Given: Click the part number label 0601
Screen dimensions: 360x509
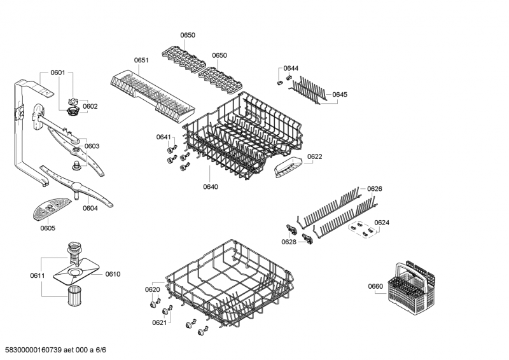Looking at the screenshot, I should (x=58, y=73).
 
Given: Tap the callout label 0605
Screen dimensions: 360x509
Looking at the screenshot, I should (x=48, y=228).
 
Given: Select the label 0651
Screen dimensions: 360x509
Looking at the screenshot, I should (x=141, y=60).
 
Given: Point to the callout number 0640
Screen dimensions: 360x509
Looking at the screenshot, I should (x=211, y=186).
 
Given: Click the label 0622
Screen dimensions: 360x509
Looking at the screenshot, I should (x=314, y=156).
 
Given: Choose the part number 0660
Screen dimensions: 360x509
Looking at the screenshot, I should (x=375, y=286).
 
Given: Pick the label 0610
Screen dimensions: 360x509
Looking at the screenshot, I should (x=113, y=274).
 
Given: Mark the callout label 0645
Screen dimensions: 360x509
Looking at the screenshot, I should (x=340, y=95).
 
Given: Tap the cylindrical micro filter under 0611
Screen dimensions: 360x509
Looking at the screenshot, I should (x=76, y=296).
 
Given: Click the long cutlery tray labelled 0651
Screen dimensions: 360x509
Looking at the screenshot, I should (x=150, y=92).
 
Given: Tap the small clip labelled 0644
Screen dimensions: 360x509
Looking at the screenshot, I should (x=281, y=81).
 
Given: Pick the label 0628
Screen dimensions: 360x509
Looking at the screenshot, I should (x=289, y=242).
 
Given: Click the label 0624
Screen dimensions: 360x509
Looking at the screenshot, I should (x=382, y=223).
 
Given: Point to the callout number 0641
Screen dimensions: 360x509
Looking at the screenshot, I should (x=164, y=137).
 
